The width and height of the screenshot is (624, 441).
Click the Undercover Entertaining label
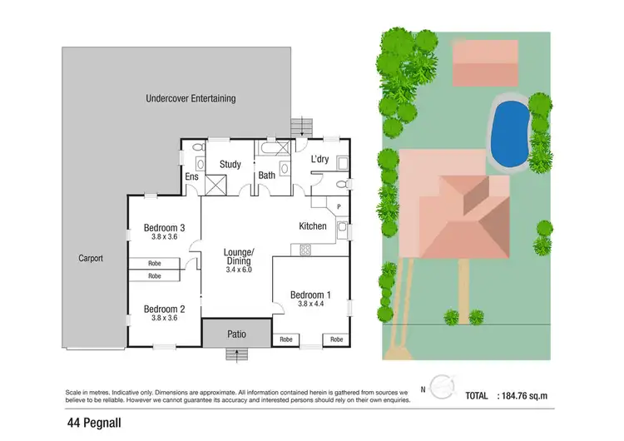pos(191,98)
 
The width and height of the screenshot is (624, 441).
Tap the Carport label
pos(92,259)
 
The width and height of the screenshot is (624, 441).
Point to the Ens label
pos(191,176)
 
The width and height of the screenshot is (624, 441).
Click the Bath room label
pos(266,176)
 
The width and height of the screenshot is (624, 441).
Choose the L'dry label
pos(321,159)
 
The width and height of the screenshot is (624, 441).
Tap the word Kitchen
pos(313,226)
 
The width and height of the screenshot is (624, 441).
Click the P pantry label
pos(339,207)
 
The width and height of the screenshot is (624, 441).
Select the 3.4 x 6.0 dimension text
pos(238,270)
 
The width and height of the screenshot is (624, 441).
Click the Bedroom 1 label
pos(310,295)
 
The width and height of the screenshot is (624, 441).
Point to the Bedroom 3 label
pos(164,228)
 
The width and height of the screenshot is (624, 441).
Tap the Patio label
pos(237,334)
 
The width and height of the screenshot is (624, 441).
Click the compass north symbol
pos(442,386)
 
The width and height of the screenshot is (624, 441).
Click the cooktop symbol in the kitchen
pos(305,248)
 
